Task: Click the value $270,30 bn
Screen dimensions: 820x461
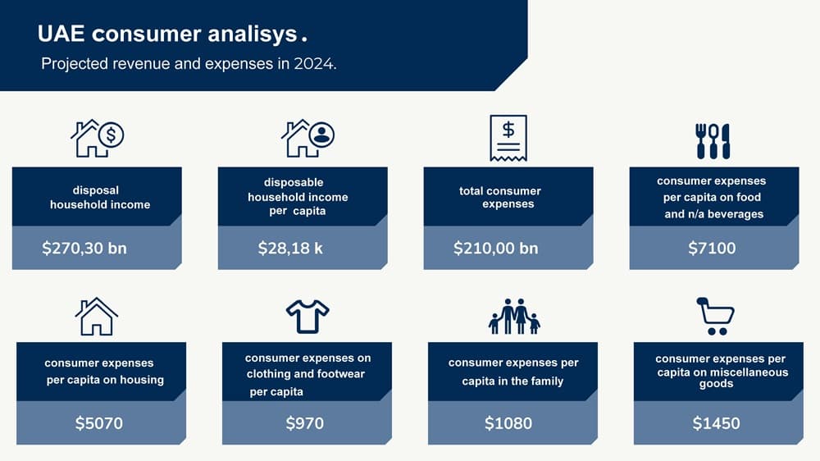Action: (84, 248)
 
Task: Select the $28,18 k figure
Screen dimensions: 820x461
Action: (290, 248)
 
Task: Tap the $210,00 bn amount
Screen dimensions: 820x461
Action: (496, 248)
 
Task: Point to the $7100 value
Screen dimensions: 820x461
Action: (712, 248)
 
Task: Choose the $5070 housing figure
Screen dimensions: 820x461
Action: (99, 422)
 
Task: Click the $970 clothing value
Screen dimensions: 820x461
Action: (304, 422)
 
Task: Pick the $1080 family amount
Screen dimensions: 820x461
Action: (508, 422)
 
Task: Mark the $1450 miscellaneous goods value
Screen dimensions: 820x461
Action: (716, 422)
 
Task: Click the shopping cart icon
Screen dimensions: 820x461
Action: (715, 316)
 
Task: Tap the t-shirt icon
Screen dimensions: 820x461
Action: (307, 316)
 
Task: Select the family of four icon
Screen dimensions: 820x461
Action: (514, 316)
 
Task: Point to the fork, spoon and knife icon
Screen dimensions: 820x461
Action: (713, 141)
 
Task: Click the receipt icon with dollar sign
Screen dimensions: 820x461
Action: (508, 138)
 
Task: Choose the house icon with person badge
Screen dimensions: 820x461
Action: (307, 138)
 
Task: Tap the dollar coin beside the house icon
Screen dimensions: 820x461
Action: (111, 135)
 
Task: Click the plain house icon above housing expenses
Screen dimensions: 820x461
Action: (96, 316)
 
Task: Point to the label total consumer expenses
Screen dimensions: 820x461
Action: (500, 197)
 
